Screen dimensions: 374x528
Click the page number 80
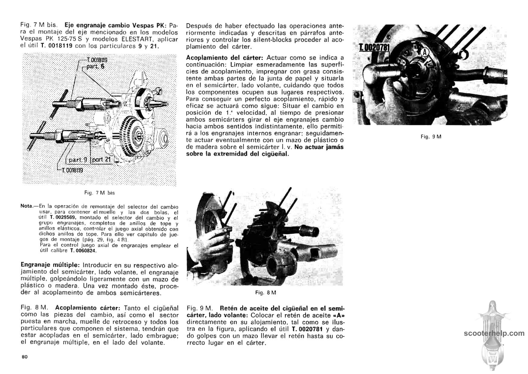[24, 357]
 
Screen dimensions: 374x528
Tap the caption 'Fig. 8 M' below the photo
[266, 293]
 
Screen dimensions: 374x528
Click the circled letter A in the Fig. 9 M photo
[425, 52]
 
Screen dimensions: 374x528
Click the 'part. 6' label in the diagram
[95, 66]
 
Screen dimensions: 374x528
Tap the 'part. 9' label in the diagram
[78, 160]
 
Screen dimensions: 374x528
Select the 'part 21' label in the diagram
[102, 160]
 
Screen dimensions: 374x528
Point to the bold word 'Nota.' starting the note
[26, 207]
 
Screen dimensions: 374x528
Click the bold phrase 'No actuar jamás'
[319, 147]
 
